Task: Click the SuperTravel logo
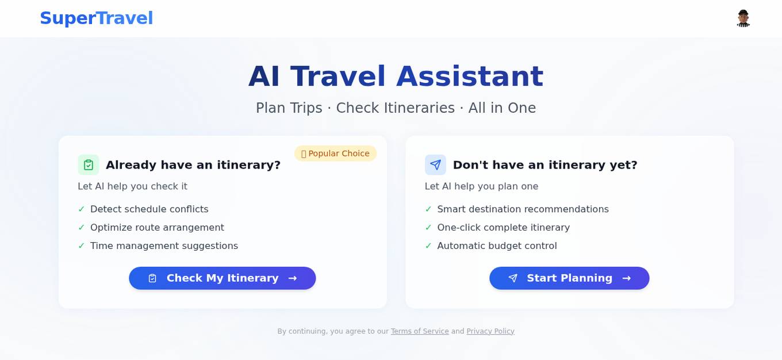(96, 18)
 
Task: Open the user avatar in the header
(743, 18)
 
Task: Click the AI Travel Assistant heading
(396, 76)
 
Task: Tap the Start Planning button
(569, 278)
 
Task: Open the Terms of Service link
(420, 331)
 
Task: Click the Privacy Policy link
(490, 331)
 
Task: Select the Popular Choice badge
(335, 154)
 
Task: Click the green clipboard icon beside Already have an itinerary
(89, 165)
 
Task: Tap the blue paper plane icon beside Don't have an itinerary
(435, 165)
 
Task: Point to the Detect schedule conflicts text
(149, 209)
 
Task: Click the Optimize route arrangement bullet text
(157, 228)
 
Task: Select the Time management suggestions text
(164, 246)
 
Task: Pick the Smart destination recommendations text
(523, 209)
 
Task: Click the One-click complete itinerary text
(503, 228)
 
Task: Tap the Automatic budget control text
(497, 246)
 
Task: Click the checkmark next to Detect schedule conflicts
(82, 209)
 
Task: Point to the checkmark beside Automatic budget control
(428, 246)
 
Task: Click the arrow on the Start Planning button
(627, 278)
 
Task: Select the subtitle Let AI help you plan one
(481, 186)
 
